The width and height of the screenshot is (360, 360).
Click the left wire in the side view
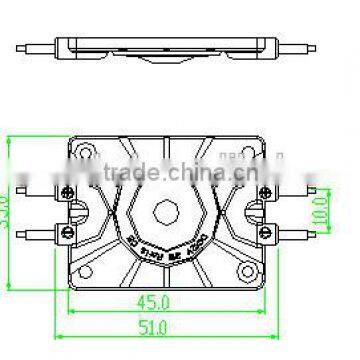39,47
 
